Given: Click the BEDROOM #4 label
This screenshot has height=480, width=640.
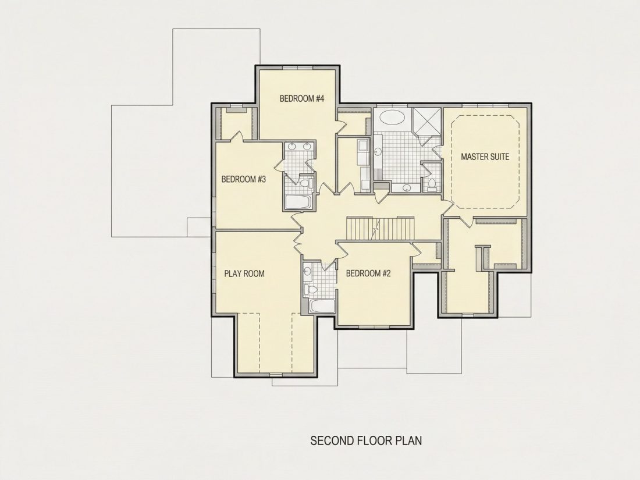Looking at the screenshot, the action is point(301,98).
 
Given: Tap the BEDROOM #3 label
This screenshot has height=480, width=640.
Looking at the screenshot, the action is point(244,179).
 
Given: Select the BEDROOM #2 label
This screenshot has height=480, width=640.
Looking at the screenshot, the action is point(368,273).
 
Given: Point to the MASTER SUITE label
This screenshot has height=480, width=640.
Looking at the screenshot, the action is point(485,157).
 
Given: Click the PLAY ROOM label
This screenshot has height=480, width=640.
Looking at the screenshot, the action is point(244,273).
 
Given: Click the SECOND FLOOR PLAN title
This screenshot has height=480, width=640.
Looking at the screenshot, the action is point(366,441).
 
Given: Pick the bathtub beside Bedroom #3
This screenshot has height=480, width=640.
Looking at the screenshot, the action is point(298,202).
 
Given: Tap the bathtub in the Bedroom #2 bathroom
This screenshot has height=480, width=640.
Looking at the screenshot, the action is point(322,306).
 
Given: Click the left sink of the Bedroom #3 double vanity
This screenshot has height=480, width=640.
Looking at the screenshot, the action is point(293,147).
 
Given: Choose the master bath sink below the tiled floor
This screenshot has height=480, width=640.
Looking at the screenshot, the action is point(406,188).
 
